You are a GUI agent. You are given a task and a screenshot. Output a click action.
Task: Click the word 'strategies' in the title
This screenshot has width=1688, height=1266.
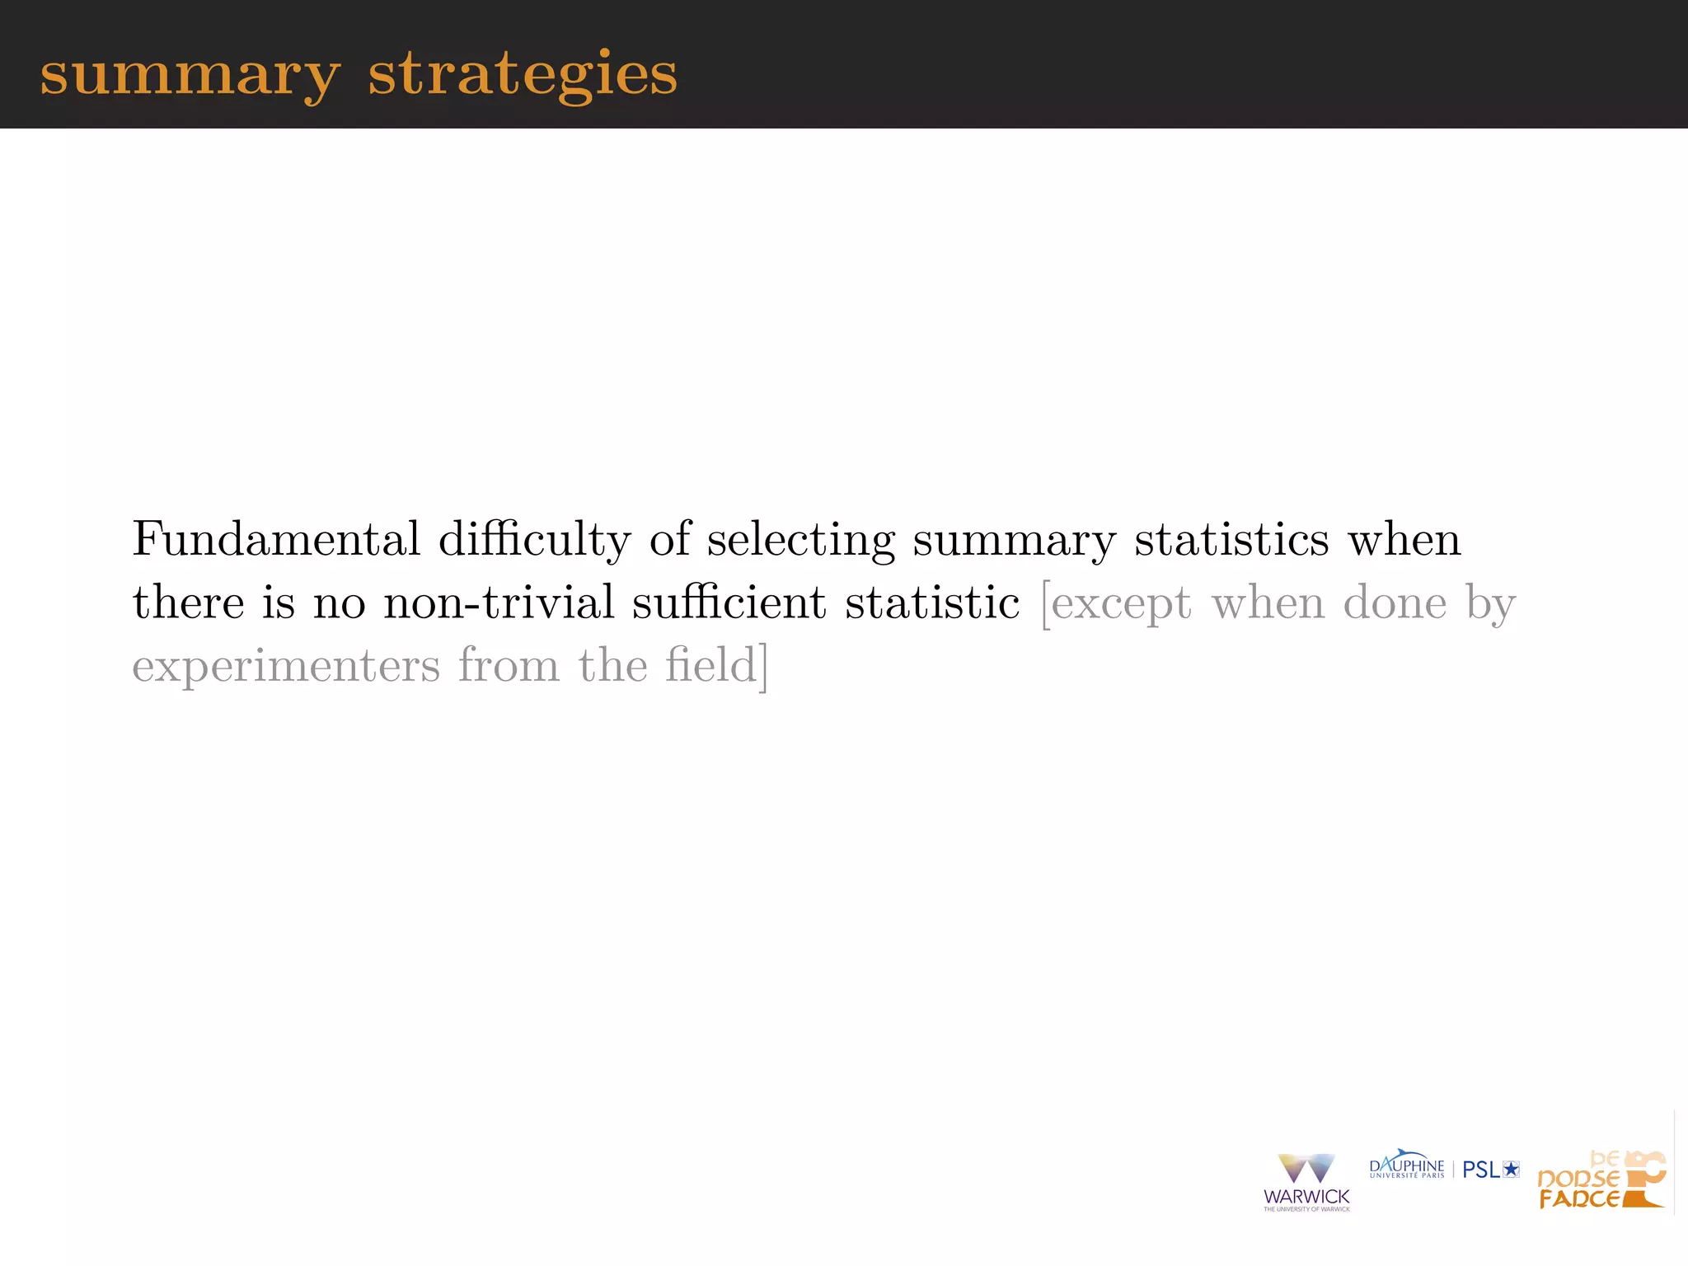[523, 75]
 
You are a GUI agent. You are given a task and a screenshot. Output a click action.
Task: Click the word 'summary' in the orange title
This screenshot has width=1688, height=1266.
[190, 75]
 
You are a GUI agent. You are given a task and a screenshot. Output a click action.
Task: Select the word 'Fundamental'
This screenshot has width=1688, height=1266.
[276, 540]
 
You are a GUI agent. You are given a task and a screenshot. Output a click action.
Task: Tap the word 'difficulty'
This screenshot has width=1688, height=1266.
[534, 540]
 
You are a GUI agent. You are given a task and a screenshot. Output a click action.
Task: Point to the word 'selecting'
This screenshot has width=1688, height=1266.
[800, 540]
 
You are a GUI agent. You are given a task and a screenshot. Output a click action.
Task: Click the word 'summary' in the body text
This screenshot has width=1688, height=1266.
[1015, 540]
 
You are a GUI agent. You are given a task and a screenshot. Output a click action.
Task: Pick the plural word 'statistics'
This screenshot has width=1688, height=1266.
[1231, 540]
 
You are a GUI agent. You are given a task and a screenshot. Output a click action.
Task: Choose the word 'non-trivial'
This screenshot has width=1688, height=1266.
[499, 603]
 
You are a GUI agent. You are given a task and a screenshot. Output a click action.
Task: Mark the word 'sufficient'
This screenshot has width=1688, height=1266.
[729, 603]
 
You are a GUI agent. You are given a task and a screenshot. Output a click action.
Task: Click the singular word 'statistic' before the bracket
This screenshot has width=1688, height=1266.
[932, 603]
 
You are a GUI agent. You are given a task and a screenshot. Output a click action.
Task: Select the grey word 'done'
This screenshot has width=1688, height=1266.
[1395, 603]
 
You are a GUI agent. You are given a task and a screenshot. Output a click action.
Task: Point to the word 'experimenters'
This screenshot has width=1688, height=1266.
[286, 666]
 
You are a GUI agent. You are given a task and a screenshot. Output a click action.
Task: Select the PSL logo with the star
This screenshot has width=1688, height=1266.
[1490, 1170]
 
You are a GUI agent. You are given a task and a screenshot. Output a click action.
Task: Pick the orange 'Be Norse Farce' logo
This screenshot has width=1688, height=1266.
[1601, 1180]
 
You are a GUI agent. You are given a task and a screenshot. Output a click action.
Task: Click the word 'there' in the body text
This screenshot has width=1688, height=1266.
[188, 603]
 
